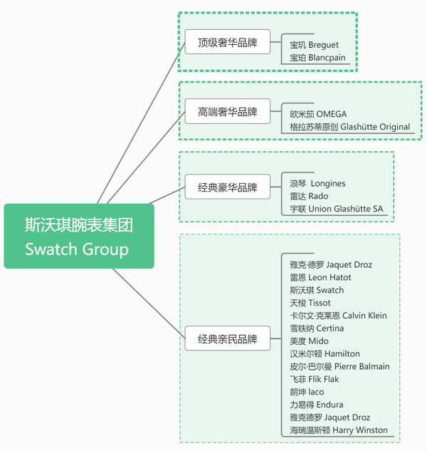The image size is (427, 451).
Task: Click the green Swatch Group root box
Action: [x=79, y=237]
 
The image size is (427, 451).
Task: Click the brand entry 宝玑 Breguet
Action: [x=314, y=45]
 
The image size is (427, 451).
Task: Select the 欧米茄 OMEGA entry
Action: [x=318, y=114]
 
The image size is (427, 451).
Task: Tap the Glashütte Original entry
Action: [x=349, y=127]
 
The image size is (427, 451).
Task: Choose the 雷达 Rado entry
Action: [x=309, y=196]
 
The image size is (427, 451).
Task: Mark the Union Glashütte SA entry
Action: [x=336, y=209]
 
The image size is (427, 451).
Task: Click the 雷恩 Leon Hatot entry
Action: [x=320, y=277]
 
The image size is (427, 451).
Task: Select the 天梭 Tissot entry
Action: [x=310, y=303]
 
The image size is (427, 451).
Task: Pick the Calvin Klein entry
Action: [x=338, y=316]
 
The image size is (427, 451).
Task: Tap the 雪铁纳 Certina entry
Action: [x=317, y=328]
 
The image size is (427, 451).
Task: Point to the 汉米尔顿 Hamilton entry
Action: [x=325, y=354]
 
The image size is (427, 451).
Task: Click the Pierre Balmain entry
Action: [x=339, y=366]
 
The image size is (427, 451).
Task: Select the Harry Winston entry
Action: [x=339, y=430]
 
